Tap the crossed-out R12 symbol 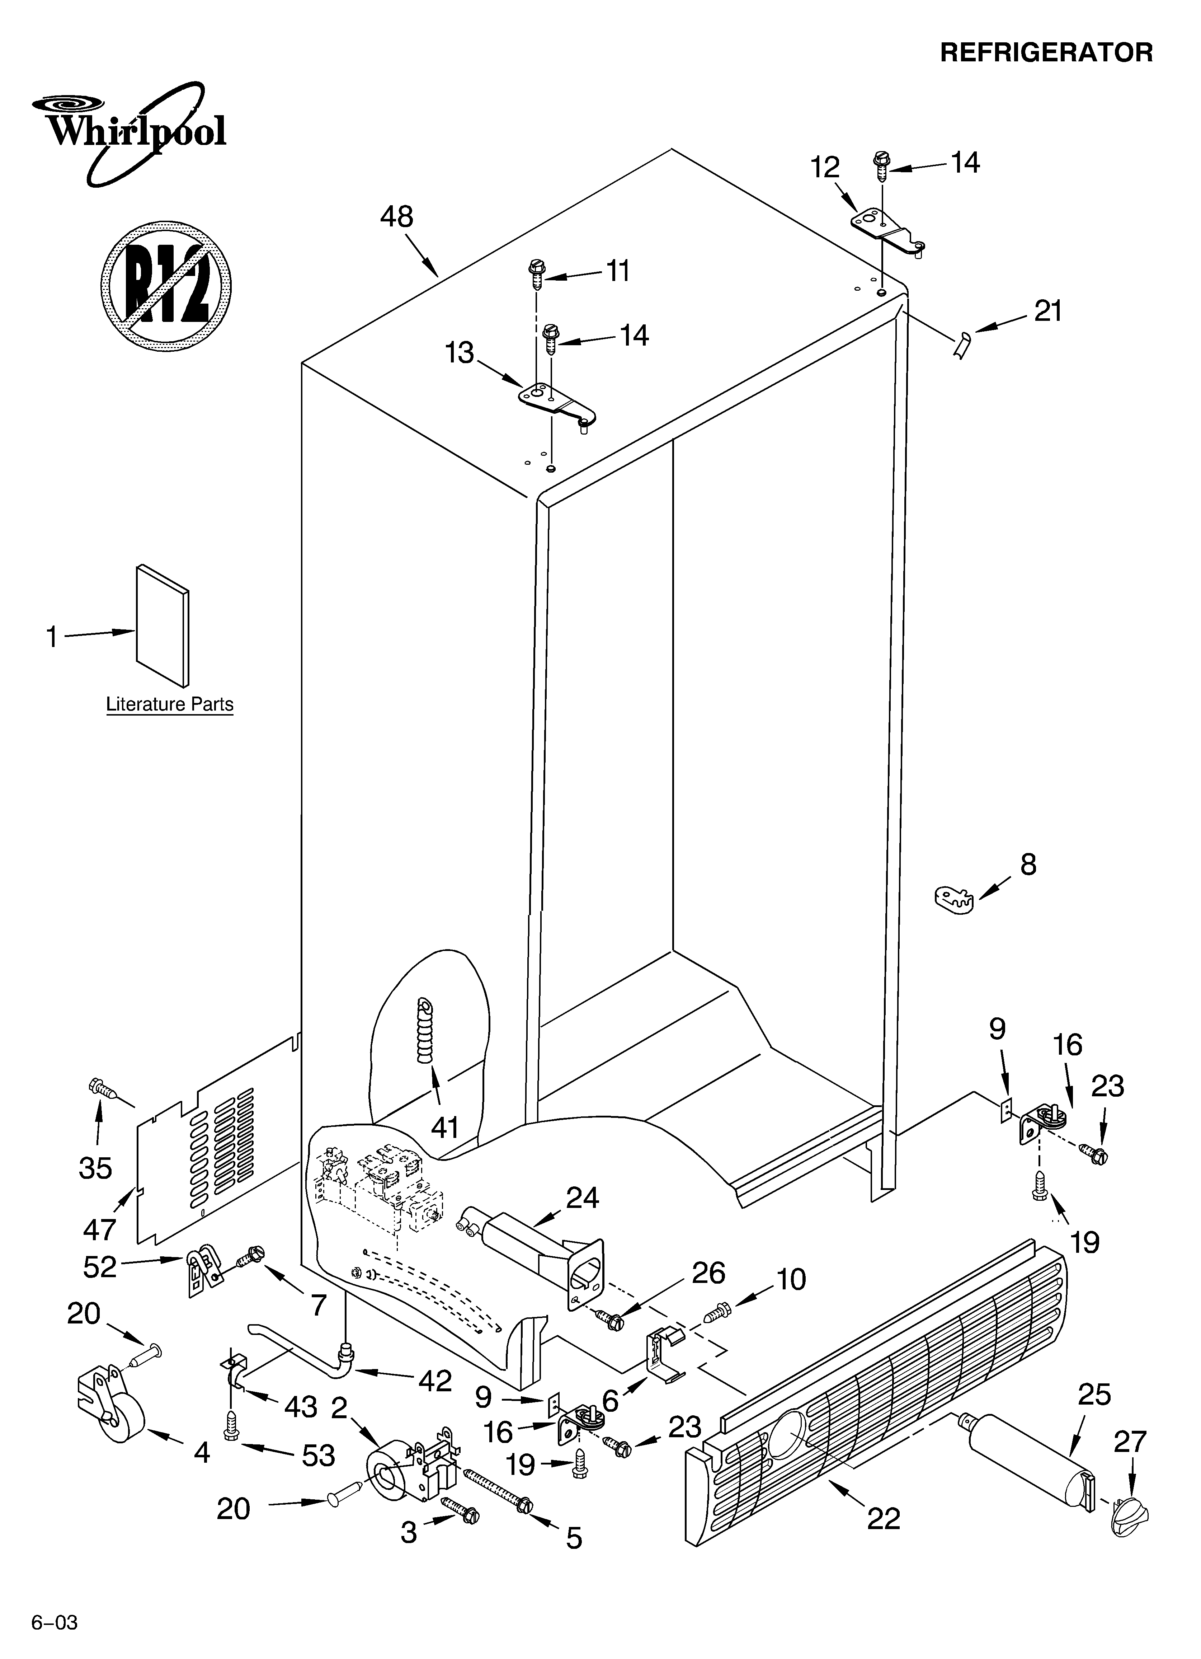point(166,285)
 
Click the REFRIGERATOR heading point(1046,53)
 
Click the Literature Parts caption point(170,704)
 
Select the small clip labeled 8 point(955,898)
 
